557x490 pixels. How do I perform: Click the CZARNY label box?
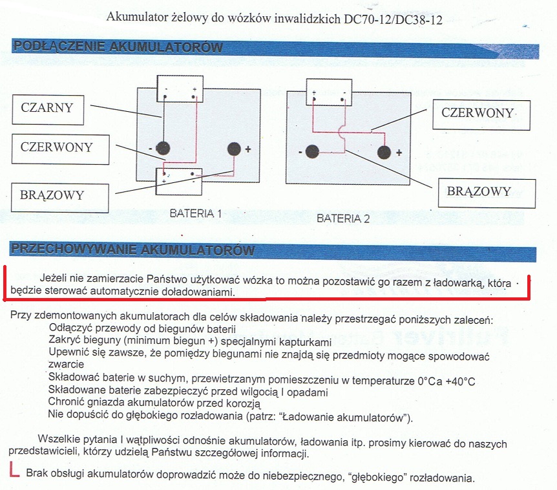tap(48, 110)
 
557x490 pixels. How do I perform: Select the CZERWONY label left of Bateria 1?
tap(60, 149)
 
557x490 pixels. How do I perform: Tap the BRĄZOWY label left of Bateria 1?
tap(60, 198)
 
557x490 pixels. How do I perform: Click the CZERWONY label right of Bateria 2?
tap(481, 115)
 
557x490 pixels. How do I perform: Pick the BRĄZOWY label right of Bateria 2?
tap(487, 193)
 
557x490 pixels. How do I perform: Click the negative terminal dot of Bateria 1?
tap(163, 148)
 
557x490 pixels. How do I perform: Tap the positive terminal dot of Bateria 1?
tap(234, 149)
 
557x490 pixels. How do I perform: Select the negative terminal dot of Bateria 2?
tap(312, 152)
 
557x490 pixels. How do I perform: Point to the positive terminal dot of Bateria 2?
tap(384, 153)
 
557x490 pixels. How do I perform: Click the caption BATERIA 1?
tap(196, 213)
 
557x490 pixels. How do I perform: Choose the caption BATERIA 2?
tap(343, 218)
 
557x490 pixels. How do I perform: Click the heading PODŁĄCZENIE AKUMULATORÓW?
tap(118, 47)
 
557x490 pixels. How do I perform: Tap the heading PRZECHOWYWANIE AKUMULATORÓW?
tap(133, 250)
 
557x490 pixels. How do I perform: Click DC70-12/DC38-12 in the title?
tap(393, 19)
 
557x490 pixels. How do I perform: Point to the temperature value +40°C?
tap(460, 381)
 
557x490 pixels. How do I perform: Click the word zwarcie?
tap(66, 364)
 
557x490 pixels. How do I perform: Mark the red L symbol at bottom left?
tap(14, 469)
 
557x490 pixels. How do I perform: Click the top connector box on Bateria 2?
tap(330, 92)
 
